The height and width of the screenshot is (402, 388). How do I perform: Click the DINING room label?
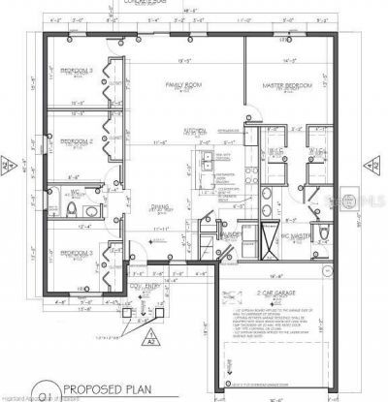click(160, 206)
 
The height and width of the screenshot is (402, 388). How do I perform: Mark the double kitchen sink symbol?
click(209, 170)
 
